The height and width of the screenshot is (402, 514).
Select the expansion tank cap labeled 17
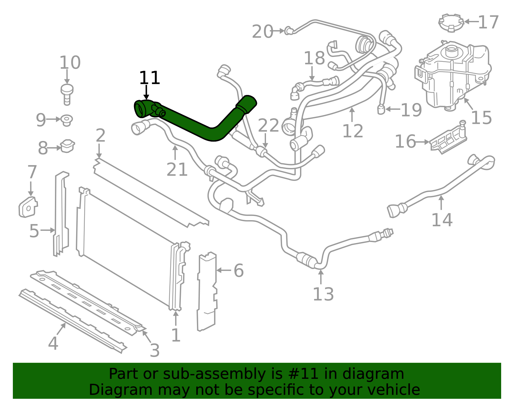point(451,23)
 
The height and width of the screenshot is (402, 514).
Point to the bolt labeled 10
point(67,95)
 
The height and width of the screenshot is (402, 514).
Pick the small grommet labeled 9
point(66,120)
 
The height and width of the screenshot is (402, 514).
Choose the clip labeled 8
point(67,146)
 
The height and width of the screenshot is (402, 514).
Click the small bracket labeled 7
point(28,207)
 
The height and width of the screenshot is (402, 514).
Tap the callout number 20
point(262,32)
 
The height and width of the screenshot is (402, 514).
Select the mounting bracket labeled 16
point(448,138)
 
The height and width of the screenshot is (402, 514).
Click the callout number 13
point(323,294)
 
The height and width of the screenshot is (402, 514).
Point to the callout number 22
point(268,125)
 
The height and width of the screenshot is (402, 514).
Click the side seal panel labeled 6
point(207,291)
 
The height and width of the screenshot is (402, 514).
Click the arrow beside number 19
point(393,109)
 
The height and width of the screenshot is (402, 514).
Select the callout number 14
point(442,220)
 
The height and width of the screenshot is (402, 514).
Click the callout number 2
point(101,136)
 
